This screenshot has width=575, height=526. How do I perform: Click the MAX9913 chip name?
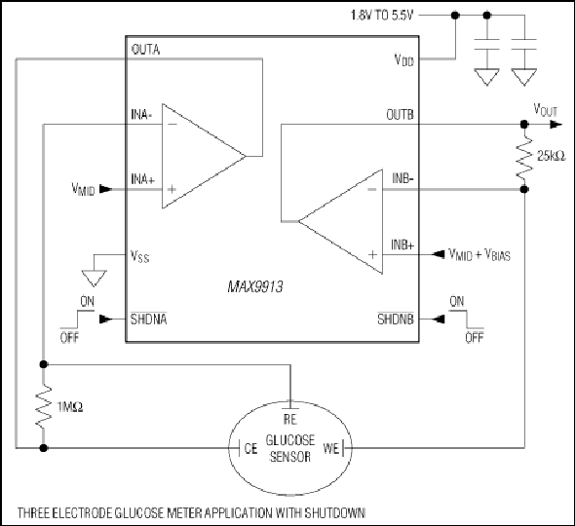(255, 286)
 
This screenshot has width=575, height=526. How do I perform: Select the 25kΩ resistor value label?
(552, 156)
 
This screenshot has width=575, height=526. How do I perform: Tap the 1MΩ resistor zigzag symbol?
(43, 406)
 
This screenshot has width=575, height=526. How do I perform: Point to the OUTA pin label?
(145, 50)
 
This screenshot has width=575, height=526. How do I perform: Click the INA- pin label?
(141, 114)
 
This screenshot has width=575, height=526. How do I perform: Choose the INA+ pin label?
(143, 179)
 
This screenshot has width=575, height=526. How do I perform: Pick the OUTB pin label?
(400, 115)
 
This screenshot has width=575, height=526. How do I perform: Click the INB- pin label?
(403, 178)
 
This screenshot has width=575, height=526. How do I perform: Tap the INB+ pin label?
(402, 244)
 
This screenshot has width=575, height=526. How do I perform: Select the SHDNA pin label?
(148, 319)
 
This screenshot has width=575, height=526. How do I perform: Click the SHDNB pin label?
(396, 319)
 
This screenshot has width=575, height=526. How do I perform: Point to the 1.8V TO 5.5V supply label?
(382, 16)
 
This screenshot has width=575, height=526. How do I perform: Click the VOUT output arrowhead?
(556, 125)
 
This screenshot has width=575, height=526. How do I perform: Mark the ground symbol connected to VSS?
(94, 279)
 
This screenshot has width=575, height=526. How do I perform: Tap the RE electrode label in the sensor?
(290, 419)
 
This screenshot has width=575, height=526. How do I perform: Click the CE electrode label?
(250, 448)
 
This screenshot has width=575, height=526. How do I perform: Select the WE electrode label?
(330, 448)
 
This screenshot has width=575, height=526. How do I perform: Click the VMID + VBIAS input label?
(479, 254)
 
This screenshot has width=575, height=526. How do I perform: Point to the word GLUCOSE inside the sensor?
(290, 440)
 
